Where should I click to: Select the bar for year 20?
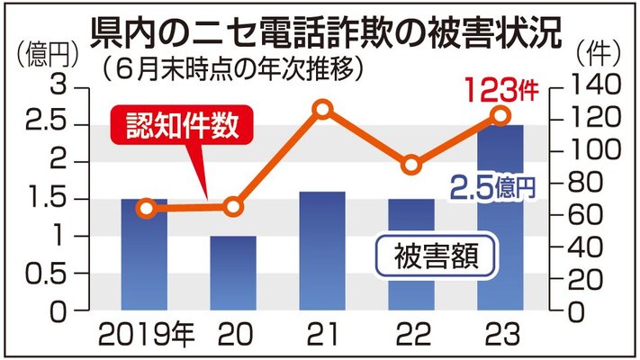233,274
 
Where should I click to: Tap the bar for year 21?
322,251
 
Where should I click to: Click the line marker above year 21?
322,110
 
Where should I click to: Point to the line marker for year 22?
411,165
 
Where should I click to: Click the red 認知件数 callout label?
181,126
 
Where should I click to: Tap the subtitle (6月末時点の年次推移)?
232,67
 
